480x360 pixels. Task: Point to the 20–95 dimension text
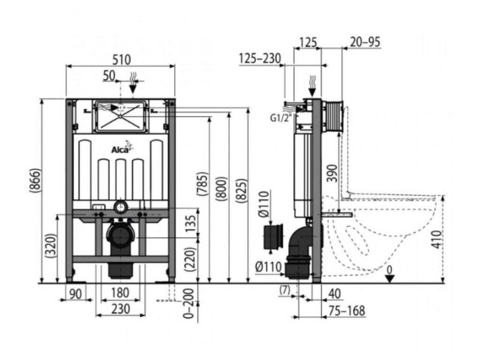365,42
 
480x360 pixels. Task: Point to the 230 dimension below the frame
121,309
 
